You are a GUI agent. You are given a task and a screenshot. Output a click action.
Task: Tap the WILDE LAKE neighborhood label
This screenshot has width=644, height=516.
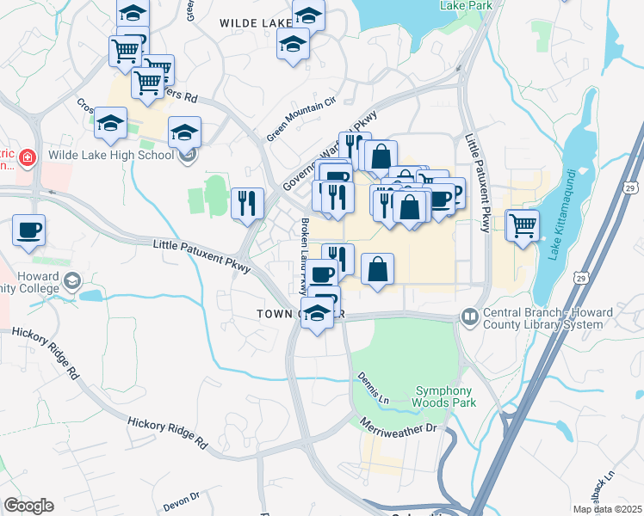coord(257,22)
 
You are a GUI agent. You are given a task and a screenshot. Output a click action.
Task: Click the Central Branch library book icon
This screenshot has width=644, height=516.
coord(469,316)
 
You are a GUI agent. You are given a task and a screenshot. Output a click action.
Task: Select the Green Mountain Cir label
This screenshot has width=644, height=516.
coord(300,120)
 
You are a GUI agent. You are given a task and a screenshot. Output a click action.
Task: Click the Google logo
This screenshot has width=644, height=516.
coord(28,506)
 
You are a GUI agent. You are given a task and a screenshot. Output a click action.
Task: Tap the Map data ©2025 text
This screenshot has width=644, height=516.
coord(607,509)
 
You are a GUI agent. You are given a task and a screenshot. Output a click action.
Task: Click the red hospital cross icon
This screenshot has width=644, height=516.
coord(27,157)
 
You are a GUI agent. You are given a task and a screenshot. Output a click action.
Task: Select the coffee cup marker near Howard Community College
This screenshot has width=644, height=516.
coord(28,230)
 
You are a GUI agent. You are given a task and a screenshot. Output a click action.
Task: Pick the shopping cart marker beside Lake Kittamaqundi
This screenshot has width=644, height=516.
coord(522,225)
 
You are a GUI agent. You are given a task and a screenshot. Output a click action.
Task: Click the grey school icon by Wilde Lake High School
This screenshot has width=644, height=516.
coord(188,156)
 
